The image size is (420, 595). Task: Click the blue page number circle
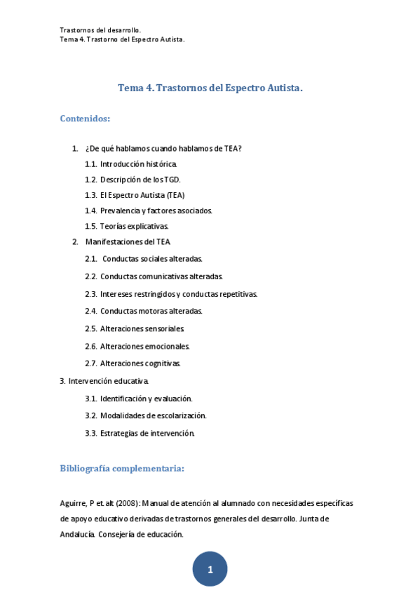210,569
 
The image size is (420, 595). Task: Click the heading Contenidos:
85,119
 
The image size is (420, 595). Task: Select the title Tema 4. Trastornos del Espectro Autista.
210,88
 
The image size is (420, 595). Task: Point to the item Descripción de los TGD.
140,179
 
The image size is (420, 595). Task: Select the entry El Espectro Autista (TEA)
142,194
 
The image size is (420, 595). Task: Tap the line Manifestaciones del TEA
128,241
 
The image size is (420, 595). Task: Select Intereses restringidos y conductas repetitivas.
179,294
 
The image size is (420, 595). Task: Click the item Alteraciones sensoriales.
142,328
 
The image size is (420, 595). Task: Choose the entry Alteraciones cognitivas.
140,363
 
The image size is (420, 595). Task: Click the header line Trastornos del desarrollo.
100,30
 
